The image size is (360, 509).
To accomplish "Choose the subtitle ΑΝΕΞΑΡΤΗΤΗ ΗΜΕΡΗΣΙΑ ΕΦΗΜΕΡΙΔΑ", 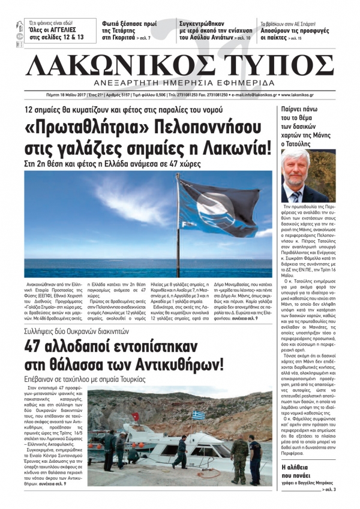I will [180, 82].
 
